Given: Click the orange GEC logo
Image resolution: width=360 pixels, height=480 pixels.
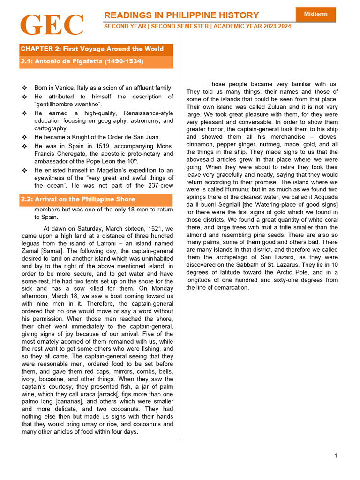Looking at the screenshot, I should click(x=52, y=26).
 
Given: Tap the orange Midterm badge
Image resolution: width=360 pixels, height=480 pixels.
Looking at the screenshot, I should click(x=315, y=14).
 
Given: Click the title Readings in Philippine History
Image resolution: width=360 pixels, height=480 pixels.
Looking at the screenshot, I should click(x=181, y=15).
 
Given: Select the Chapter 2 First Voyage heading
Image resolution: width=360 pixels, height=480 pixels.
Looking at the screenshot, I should click(x=92, y=49).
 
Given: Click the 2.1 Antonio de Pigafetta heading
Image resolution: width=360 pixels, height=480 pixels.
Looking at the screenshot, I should click(x=82, y=61).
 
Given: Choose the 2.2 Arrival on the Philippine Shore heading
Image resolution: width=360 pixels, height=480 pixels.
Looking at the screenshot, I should click(x=78, y=199).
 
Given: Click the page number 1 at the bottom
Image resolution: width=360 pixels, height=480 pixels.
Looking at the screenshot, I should click(x=336, y=456).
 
